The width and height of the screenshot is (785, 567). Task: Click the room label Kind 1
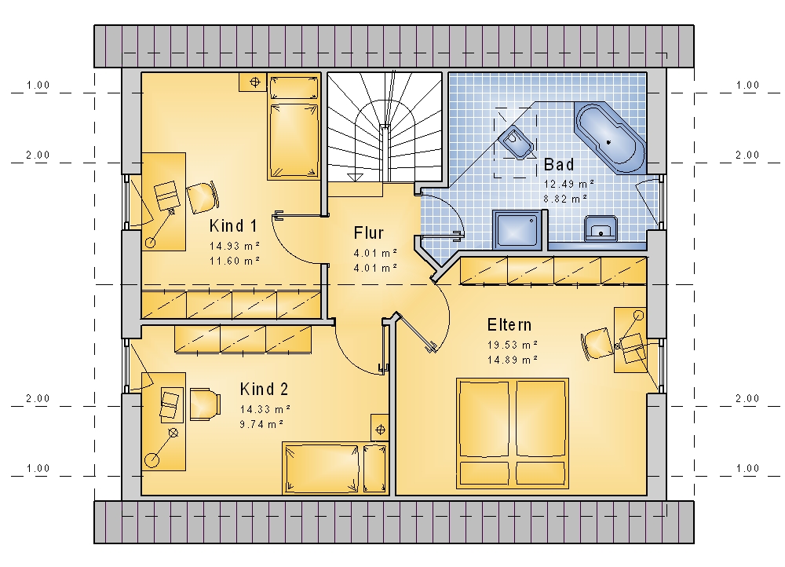(x=233, y=226)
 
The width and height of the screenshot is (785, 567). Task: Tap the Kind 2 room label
(x=264, y=390)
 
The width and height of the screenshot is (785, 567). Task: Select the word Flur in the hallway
(x=368, y=233)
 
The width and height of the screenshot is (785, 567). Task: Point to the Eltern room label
(x=509, y=324)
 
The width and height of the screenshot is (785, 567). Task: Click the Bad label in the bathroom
(x=559, y=164)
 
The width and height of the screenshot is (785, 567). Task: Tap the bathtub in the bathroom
(x=610, y=137)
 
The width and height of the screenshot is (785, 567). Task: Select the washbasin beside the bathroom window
(x=601, y=229)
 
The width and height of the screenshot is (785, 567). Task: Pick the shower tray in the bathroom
(x=517, y=229)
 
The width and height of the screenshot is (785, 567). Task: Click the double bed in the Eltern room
(x=513, y=433)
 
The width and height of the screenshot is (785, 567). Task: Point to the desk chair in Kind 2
(x=205, y=404)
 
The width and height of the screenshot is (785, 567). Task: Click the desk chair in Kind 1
(x=203, y=197)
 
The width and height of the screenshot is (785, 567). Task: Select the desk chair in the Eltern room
(x=597, y=344)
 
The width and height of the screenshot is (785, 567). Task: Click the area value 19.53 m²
(x=513, y=345)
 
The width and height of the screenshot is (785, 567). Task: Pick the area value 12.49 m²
(x=569, y=184)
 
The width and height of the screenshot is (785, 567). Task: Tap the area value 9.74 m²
(x=262, y=424)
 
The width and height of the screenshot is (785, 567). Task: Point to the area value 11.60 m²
(x=235, y=261)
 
